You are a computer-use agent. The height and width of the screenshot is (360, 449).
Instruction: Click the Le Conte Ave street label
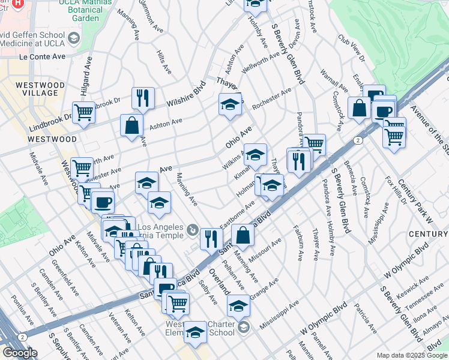(x=42, y=56)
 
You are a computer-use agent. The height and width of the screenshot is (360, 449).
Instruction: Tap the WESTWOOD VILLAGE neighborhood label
(x=40, y=89)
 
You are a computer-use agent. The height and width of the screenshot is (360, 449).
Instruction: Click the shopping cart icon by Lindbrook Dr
(x=84, y=111)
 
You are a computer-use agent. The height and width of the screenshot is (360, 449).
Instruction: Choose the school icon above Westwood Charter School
(x=238, y=305)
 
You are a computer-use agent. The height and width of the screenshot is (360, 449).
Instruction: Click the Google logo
(x=20, y=353)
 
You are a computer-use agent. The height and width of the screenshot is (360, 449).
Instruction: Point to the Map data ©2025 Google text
(x=411, y=355)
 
